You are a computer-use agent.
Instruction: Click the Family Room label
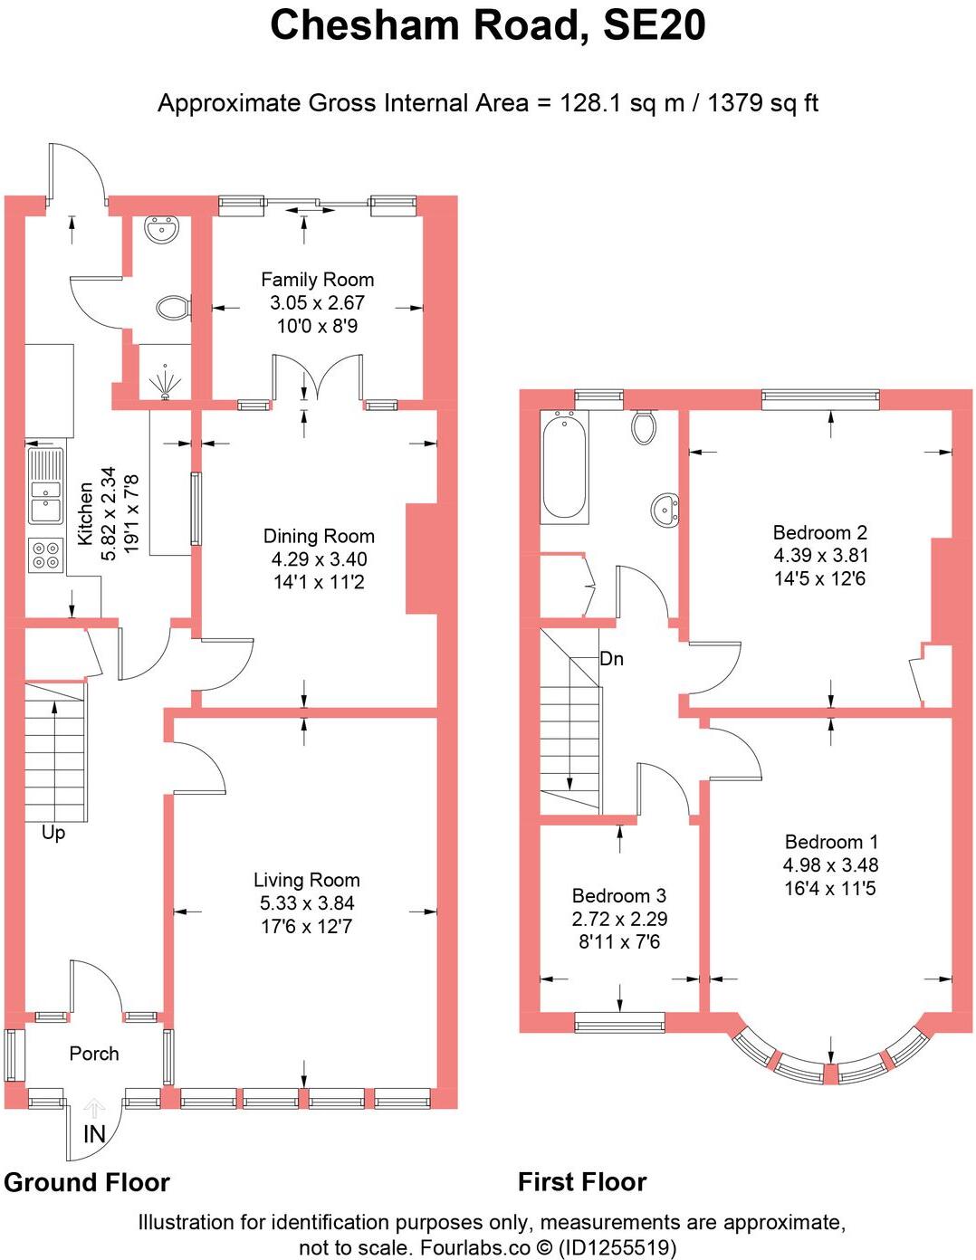click(317, 280)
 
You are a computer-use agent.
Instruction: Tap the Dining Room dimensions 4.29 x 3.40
click(319, 559)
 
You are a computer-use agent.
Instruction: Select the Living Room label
click(306, 880)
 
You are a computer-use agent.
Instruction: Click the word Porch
click(94, 1054)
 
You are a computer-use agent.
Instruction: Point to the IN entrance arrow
click(94, 1109)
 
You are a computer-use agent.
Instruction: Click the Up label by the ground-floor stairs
click(53, 833)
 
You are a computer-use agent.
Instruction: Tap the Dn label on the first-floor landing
click(612, 659)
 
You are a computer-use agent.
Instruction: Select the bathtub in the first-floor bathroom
click(564, 467)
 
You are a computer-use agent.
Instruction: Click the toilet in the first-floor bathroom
click(644, 426)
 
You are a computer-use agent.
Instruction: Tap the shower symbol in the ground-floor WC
click(165, 380)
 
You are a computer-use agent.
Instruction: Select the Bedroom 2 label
click(819, 532)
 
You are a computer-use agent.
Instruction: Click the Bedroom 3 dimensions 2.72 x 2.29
click(619, 919)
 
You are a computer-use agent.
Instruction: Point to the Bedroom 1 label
click(830, 842)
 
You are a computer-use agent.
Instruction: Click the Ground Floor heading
click(87, 1182)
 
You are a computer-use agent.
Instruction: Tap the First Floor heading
click(581, 1182)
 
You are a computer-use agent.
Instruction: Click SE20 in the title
click(654, 25)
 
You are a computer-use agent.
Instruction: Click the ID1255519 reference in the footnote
click(617, 1248)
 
